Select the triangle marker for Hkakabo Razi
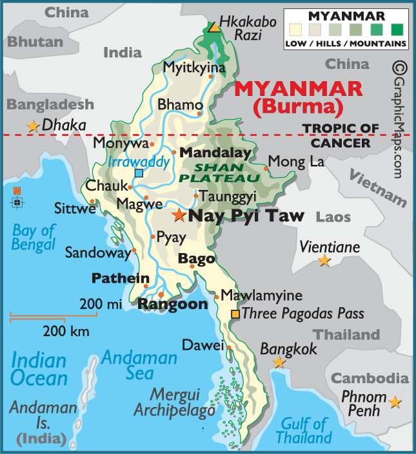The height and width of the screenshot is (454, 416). (x=213, y=27)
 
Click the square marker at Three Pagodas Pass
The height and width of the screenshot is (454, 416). (x=235, y=314)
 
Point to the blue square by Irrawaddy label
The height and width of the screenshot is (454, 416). (x=139, y=173)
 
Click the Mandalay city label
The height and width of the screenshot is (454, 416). (x=215, y=153)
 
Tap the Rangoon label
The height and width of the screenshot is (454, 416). (x=173, y=304)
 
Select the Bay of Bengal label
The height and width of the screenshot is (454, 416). (x=34, y=238)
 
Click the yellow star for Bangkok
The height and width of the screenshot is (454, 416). (x=279, y=363)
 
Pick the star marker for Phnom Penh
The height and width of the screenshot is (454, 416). (x=395, y=402)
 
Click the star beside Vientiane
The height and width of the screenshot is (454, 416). (x=324, y=261)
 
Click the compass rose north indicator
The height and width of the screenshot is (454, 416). (x=17, y=200)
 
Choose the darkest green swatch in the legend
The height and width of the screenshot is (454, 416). (x=397, y=29)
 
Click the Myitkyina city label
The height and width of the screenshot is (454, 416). (x=194, y=68)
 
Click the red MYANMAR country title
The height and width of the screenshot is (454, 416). (x=297, y=89)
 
